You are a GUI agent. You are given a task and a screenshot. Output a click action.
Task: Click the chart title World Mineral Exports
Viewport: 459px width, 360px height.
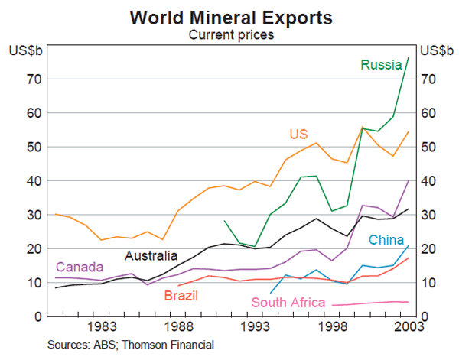[229, 16]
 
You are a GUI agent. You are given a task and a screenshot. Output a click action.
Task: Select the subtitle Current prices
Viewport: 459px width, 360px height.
[230, 34]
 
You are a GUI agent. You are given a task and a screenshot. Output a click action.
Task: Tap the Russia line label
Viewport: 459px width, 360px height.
[382, 65]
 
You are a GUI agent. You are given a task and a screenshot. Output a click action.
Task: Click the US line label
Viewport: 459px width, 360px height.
[298, 135]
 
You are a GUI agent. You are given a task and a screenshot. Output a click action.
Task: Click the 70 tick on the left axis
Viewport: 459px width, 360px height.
[33, 79]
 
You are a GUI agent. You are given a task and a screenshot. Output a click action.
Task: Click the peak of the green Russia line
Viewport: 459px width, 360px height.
[408, 57]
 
